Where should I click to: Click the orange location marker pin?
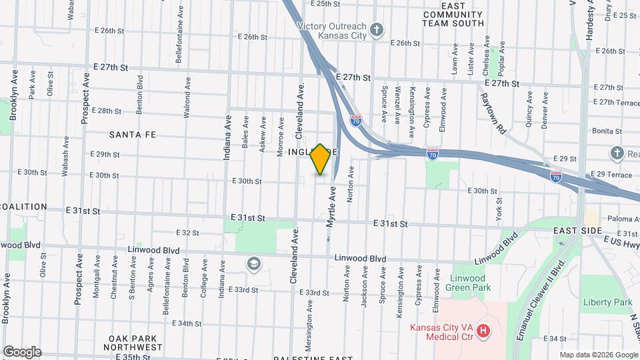pyautogui.click(x=321, y=159)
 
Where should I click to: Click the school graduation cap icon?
pyautogui.click(x=253, y=264)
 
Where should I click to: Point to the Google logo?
pyautogui.click(x=21, y=352)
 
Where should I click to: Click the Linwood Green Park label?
pyautogui.click(x=470, y=282)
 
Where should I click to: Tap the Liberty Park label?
pyautogui.click(x=607, y=302)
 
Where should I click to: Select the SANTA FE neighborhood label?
pyautogui.click(x=133, y=135)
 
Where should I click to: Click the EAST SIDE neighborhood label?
pyautogui.click(x=578, y=230)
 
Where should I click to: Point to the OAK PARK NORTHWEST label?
pyautogui.click(x=135, y=343)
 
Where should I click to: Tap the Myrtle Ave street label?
pyautogui.click(x=331, y=207)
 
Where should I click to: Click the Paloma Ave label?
pyautogui.click(x=623, y=218)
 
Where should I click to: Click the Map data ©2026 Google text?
pyautogui.click(x=599, y=355)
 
